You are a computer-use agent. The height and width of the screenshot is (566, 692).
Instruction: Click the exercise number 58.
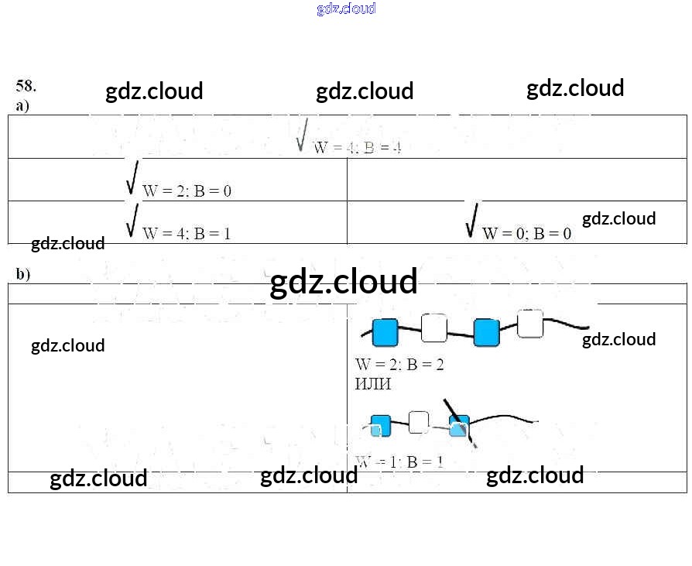[26, 86]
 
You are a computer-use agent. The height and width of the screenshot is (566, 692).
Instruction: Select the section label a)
[22, 105]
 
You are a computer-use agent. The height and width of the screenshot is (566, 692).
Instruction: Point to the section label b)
[23, 274]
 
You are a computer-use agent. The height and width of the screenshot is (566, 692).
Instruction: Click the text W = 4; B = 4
[357, 148]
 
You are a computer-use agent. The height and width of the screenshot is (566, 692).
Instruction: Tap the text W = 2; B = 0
[187, 191]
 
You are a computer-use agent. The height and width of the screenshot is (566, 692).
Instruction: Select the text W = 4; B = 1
[187, 233]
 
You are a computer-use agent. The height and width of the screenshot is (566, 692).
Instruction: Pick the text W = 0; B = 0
[526, 233]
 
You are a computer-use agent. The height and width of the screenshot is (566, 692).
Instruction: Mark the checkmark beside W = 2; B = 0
[133, 177]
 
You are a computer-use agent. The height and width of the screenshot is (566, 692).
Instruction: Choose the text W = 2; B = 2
[399, 364]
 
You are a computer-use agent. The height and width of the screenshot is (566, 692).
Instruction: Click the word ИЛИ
[373, 383]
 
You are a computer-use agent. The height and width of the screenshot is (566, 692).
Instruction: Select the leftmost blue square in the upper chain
[385, 332]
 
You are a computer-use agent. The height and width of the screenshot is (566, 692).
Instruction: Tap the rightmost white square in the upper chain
[530, 324]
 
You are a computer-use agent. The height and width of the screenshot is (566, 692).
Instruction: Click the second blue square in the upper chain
[486, 332]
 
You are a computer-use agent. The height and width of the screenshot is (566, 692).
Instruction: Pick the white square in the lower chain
[419, 422]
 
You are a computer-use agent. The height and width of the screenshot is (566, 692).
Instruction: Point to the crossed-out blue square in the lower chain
[460, 426]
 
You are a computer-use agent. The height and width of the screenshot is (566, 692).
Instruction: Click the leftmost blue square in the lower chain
[380, 425]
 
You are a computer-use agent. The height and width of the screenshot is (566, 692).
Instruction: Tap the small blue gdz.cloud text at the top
[346, 9]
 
